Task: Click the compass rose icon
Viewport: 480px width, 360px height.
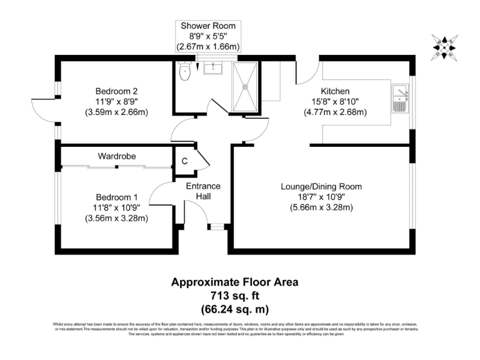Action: [x=445, y=47]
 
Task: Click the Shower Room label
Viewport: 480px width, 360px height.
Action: [x=208, y=26]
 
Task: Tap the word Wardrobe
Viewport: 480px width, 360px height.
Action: [x=116, y=156]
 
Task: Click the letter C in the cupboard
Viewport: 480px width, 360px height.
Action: [x=184, y=161]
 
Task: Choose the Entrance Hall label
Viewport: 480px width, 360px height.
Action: [x=203, y=191]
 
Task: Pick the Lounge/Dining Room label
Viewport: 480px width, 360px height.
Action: [x=321, y=186]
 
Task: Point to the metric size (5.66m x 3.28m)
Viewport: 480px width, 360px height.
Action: [x=321, y=207]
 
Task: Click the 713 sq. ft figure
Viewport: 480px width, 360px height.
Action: [x=235, y=295]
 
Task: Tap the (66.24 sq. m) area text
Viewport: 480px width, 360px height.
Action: [x=235, y=308]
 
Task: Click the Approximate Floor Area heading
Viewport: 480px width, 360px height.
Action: [x=235, y=282]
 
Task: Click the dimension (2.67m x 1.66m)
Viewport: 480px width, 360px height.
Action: [x=208, y=47]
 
